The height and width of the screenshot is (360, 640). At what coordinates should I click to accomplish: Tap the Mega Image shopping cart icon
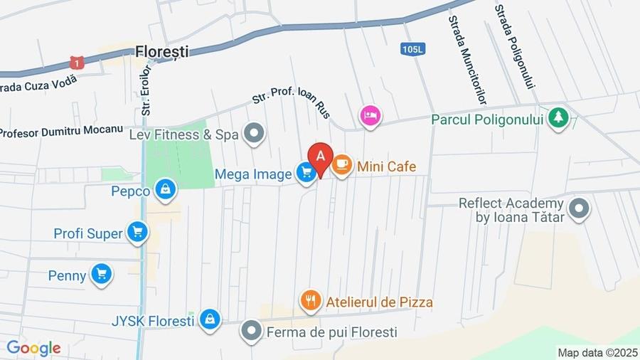click(306, 172)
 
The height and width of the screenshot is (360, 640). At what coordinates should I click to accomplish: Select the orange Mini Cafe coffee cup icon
click(342, 165)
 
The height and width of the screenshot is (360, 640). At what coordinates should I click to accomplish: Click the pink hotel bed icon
click(369, 115)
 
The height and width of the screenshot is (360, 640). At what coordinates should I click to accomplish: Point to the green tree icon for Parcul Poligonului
click(558, 117)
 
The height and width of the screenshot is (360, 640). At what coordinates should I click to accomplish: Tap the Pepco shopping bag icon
click(165, 189)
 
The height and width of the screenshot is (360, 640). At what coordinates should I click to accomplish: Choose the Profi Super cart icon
click(137, 231)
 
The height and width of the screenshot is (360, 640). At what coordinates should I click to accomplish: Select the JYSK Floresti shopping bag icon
click(209, 319)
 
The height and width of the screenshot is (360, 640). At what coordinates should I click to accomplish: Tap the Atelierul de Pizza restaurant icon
click(310, 301)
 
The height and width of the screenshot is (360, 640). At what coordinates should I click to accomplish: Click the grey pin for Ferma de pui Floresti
click(251, 331)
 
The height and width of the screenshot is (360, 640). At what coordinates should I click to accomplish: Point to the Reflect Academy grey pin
click(580, 209)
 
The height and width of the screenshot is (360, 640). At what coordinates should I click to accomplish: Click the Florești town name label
click(163, 51)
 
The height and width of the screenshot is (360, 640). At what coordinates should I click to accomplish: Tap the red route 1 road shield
click(77, 63)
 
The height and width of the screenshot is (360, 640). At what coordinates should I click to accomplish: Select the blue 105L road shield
click(412, 49)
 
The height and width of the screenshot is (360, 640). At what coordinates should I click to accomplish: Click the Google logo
click(33, 348)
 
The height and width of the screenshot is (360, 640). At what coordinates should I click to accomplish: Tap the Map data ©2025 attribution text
click(597, 352)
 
